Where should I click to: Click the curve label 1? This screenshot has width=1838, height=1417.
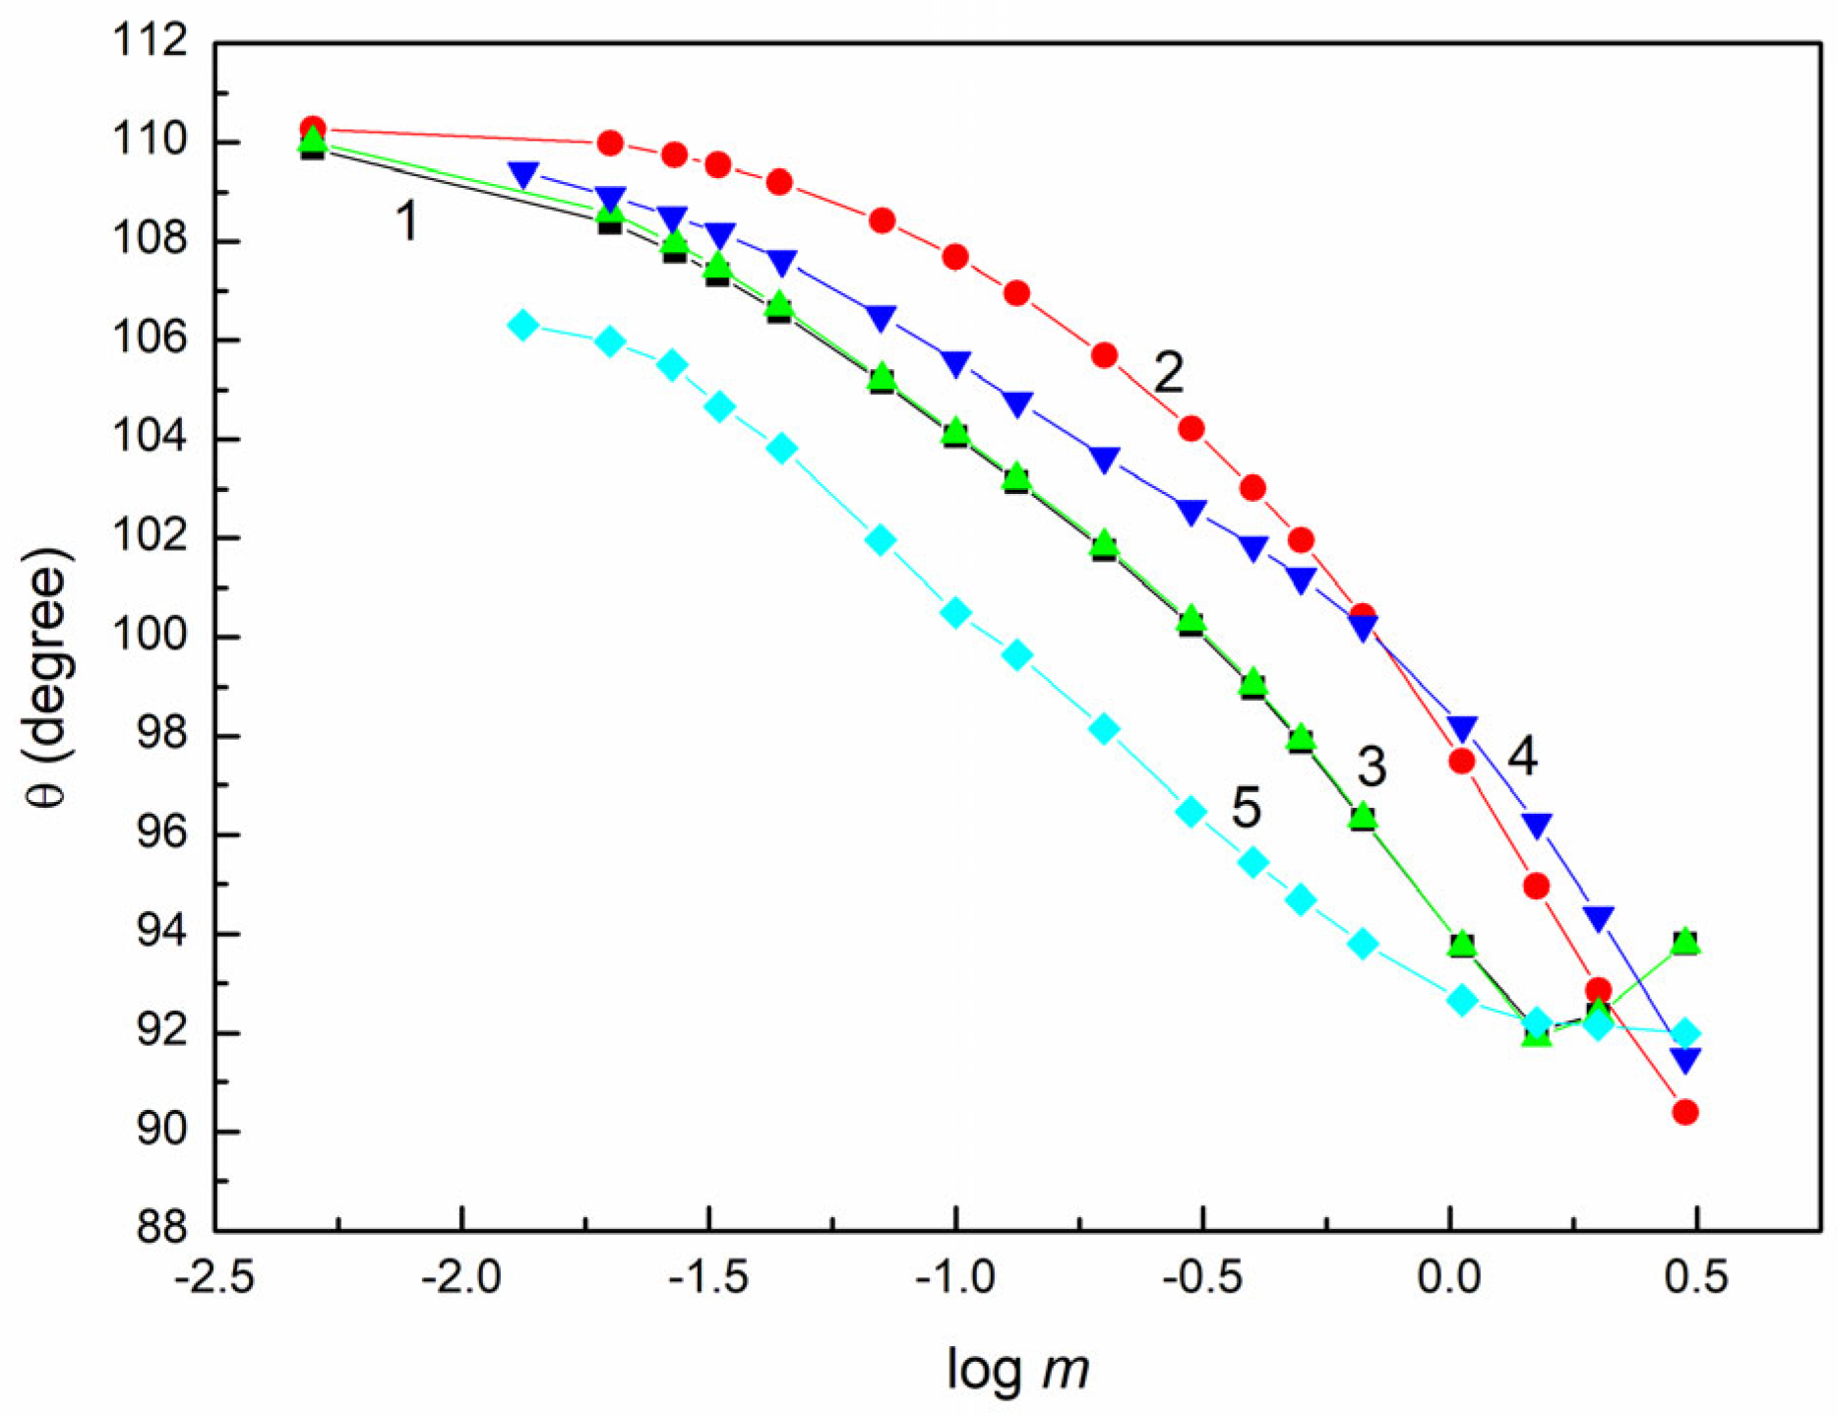(x=406, y=219)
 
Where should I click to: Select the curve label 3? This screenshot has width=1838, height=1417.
(x=1371, y=766)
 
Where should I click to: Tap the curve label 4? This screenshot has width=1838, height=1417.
(x=1521, y=755)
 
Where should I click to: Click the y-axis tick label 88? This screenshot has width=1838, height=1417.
(x=161, y=1229)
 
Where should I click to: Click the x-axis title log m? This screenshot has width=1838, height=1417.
(x=1017, y=1369)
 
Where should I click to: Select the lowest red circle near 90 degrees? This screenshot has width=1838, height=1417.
(x=1685, y=1112)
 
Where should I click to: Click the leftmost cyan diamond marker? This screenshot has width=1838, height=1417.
(x=523, y=325)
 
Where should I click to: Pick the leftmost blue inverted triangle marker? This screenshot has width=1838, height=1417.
(x=523, y=176)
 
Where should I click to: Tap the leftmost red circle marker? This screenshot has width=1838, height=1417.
(x=313, y=128)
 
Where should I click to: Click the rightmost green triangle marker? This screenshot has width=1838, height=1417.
(x=1685, y=941)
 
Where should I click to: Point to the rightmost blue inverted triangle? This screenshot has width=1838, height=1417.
(x=1685, y=1060)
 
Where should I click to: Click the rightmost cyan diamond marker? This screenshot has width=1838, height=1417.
(x=1685, y=1033)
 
